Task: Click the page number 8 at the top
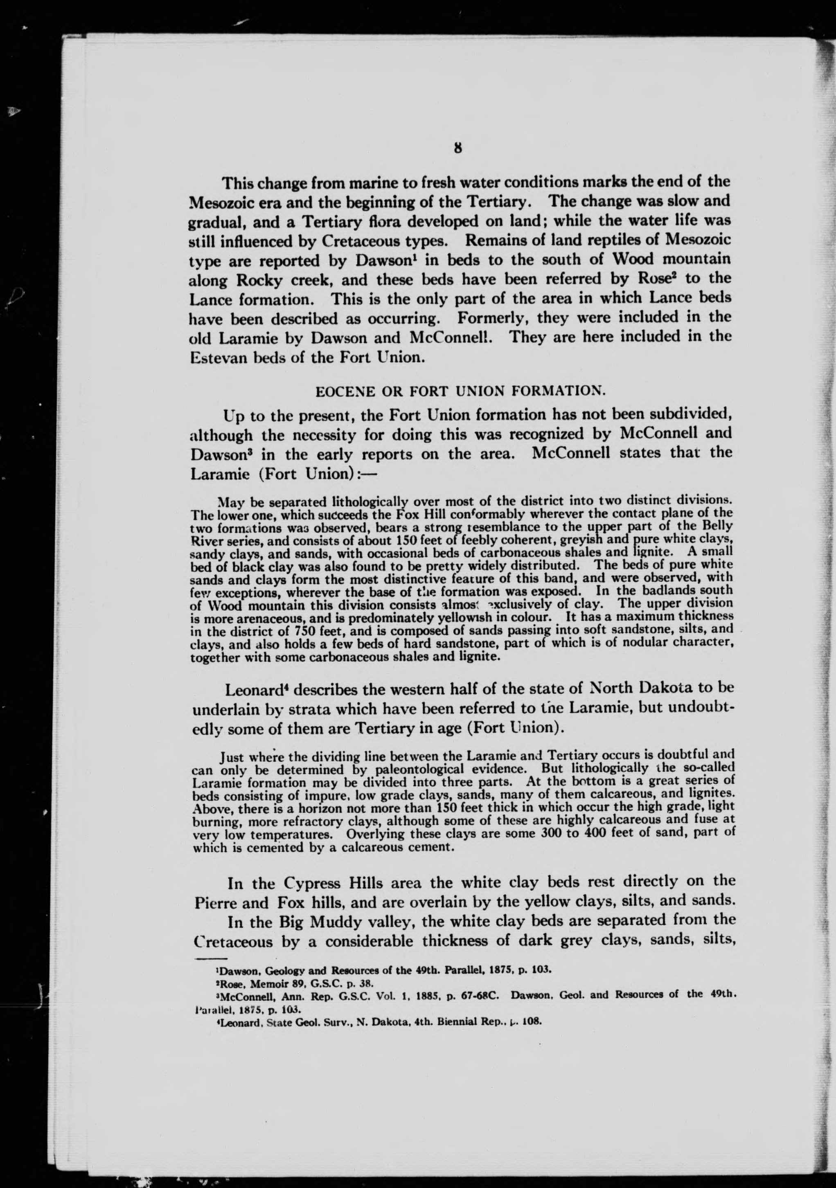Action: [x=457, y=148]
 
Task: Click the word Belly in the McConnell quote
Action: [x=719, y=526]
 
